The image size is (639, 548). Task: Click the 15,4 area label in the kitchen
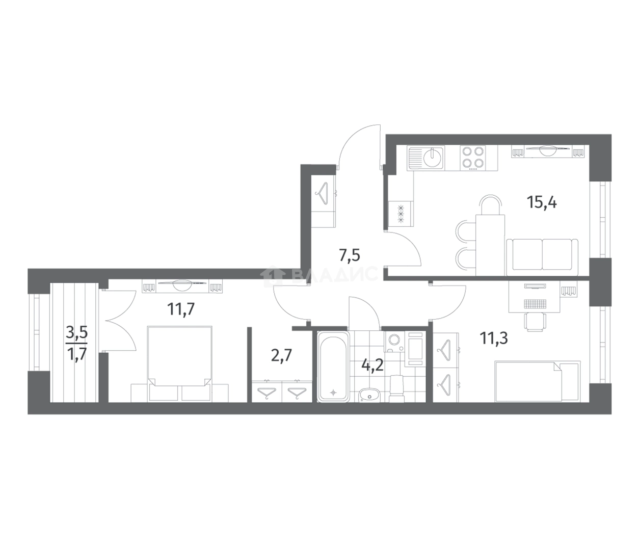tap(541, 203)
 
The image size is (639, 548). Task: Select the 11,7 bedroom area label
tap(181, 309)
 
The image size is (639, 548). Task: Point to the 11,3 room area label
tap(494, 338)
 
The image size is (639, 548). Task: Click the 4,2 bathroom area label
tap(372, 366)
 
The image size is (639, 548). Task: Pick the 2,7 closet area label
tap(282, 356)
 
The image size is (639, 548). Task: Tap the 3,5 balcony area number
tap(76, 334)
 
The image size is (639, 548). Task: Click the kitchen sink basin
tap(432, 158)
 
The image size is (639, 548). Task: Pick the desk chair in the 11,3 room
tap(536, 322)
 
